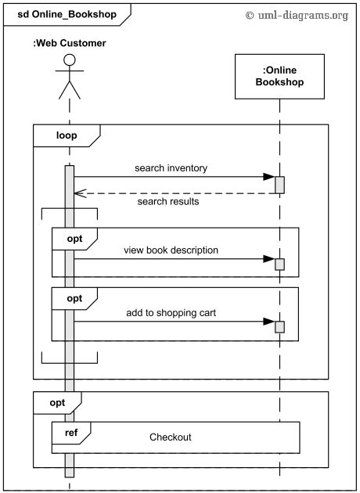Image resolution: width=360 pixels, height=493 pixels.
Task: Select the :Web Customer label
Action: (x=69, y=43)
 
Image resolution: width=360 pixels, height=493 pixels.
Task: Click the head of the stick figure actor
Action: (x=70, y=60)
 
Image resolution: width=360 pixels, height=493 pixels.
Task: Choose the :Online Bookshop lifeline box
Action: (x=279, y=76)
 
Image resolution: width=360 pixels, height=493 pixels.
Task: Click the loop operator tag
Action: (x=66, y=135)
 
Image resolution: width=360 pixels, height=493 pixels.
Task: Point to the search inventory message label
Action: (x=171, y=167)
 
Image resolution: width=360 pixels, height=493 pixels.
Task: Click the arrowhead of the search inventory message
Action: (x=268, y=177)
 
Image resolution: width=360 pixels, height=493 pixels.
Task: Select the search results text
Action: (x=167, y=201)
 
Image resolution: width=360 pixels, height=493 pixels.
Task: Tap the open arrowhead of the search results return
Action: (x=77, y=193)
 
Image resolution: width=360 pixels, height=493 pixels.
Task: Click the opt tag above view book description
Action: (x=74, y=237)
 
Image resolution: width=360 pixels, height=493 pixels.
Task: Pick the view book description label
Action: (x=171, y=250)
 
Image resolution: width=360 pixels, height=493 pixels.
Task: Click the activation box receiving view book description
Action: (x=279, y=263)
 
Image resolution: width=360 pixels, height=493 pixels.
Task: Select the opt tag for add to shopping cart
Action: (x=74, y=298)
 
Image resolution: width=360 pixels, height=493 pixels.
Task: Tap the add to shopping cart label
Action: (x=171, y=312)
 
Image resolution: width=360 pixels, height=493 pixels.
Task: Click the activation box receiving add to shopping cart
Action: (x=279, y=326)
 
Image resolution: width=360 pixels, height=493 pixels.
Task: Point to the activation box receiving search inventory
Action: (x=279, y=184)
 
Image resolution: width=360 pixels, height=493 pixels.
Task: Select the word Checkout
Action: (x=171, y=437)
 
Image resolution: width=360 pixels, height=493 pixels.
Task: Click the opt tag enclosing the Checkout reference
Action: (x=56, y=402)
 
